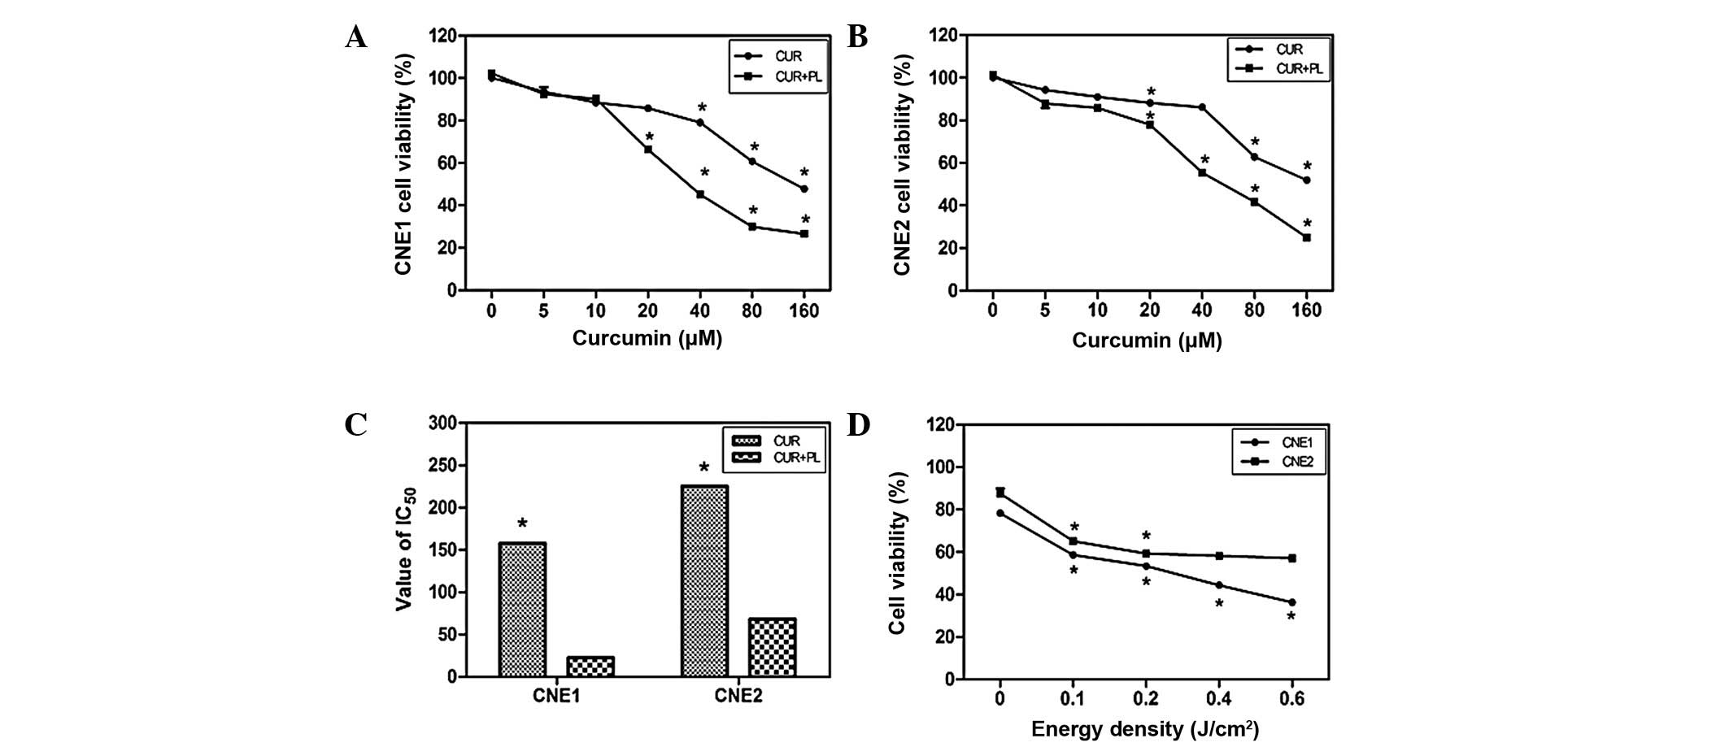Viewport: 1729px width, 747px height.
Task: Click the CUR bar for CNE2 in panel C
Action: (704, 580)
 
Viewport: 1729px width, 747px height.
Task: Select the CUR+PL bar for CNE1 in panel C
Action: (590, 667)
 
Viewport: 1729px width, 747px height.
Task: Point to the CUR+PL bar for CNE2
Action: (772, 647)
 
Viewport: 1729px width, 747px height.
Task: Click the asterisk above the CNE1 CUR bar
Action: (522, 525)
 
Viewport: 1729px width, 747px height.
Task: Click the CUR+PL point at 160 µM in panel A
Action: (804, 234)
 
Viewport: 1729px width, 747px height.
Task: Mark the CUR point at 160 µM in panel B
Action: (1307, 180)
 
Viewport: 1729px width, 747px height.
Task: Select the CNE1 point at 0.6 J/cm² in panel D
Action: (1291, 602)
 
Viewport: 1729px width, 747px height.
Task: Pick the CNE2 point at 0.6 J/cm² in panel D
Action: (1291, 558)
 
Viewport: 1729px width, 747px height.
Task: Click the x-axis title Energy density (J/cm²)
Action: (1145, 729)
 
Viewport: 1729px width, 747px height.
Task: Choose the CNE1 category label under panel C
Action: (555, 696)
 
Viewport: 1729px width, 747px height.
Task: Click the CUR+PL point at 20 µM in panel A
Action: (648, 150)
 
